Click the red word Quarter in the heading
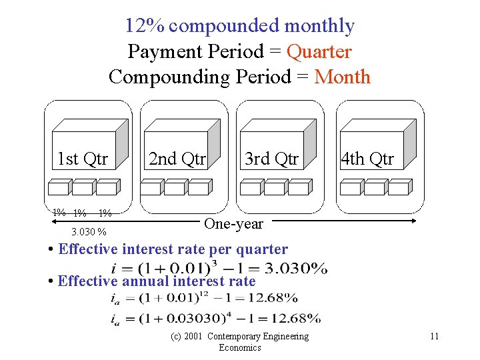click(319, 51)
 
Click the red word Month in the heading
click(342, 77)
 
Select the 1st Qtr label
click(83, 159)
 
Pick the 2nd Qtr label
click(177, 159)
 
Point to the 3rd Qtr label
click(271, 159)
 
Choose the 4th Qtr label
click(367, 159)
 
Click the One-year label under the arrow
click(233, 224)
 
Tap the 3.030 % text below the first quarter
click(89, 232)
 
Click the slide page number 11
click(434, 336)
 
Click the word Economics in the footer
click(240, 347)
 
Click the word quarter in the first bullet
click(266, 249)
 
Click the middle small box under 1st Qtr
click(83, 189)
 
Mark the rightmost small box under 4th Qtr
click(398, 189)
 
